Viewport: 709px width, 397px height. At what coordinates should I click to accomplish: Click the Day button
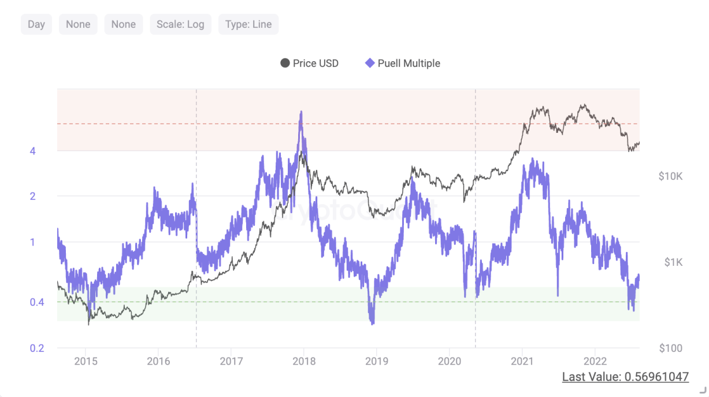pyautogui.click(x=36, y=24)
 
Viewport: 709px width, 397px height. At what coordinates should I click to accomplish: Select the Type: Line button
pyautogui.click(x=248, y=24)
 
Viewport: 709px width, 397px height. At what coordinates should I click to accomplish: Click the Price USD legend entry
pyautogui.click(x=309, y=63)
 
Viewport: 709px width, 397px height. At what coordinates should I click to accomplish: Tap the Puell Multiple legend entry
pyautogui.click(x=403, y=63)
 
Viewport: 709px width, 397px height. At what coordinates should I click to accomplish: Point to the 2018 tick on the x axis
pyautogui.click(x=304, y=362)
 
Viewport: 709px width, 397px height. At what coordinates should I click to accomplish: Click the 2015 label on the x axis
pyautogui.click(x=86, y=362)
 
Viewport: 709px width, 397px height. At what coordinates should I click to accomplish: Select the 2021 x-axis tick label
pyautogui.click(x=522, y=362)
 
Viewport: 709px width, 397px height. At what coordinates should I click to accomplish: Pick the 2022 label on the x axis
pyautogui.click(x=595, y=362)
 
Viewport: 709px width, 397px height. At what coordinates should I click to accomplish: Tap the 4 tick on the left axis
pyautogui.click(x=33, y=151)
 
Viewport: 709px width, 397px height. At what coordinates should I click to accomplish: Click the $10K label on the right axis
pyautogui.click(x=670, y=176)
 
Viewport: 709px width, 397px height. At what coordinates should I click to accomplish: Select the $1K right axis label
pyautogui.click(x=673, y=262)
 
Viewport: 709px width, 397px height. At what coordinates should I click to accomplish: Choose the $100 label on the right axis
pyautogui.click(x=670, y=348)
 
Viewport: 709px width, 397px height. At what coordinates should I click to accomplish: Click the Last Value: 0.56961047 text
pyautogui.click(x=625, y=377)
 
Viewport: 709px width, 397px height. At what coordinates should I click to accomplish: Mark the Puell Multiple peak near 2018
pyautogui.click(x=300, y=113)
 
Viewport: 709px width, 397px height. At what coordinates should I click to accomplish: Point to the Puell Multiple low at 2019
pyautogui.click(x=372, y=322)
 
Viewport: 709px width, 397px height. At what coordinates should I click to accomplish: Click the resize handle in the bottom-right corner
pyautogui.click(x=703, y=391)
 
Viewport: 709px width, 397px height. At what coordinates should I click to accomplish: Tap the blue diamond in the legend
pyautogui.click(x=370, y=63)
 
